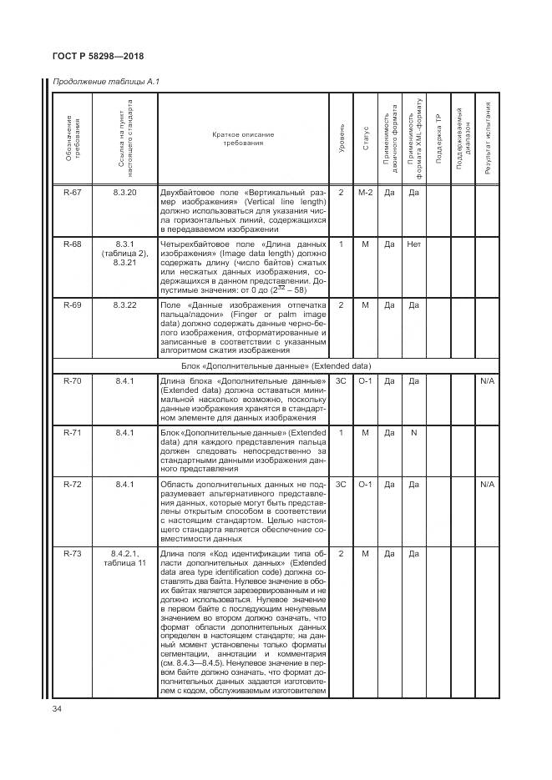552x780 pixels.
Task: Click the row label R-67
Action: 72,192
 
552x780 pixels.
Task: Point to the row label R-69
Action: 72,306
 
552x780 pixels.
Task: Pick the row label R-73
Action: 72,553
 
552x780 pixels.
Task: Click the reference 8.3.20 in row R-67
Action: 124,192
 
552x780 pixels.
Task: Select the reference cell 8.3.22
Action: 124,306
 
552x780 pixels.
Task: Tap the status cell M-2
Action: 365,192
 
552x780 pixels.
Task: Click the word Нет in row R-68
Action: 413,244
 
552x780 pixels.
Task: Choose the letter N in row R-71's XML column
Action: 413,433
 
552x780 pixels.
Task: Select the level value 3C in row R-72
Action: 341,484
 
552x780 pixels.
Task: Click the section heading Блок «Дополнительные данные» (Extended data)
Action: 276,365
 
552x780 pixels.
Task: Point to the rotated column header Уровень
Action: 341,139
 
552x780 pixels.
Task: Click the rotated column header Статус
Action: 365,139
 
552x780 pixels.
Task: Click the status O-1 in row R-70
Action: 365,380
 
